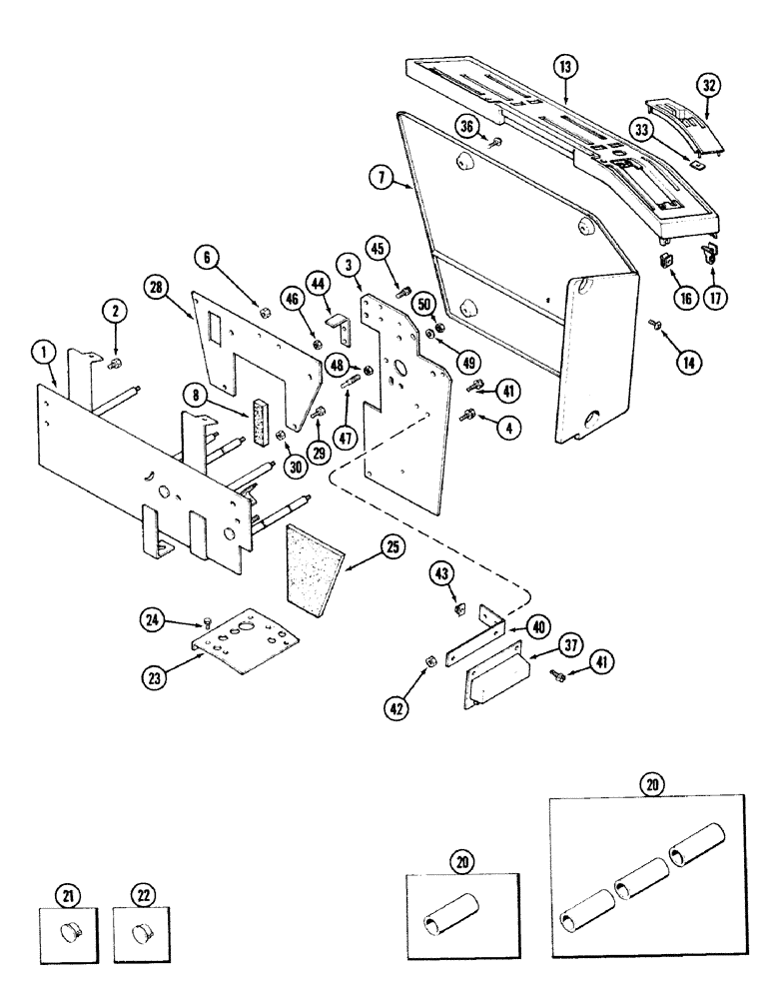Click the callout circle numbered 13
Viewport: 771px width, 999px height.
coord(566,67)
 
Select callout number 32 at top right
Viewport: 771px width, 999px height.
coord(709,85)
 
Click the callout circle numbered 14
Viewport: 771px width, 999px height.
coord(687,364)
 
